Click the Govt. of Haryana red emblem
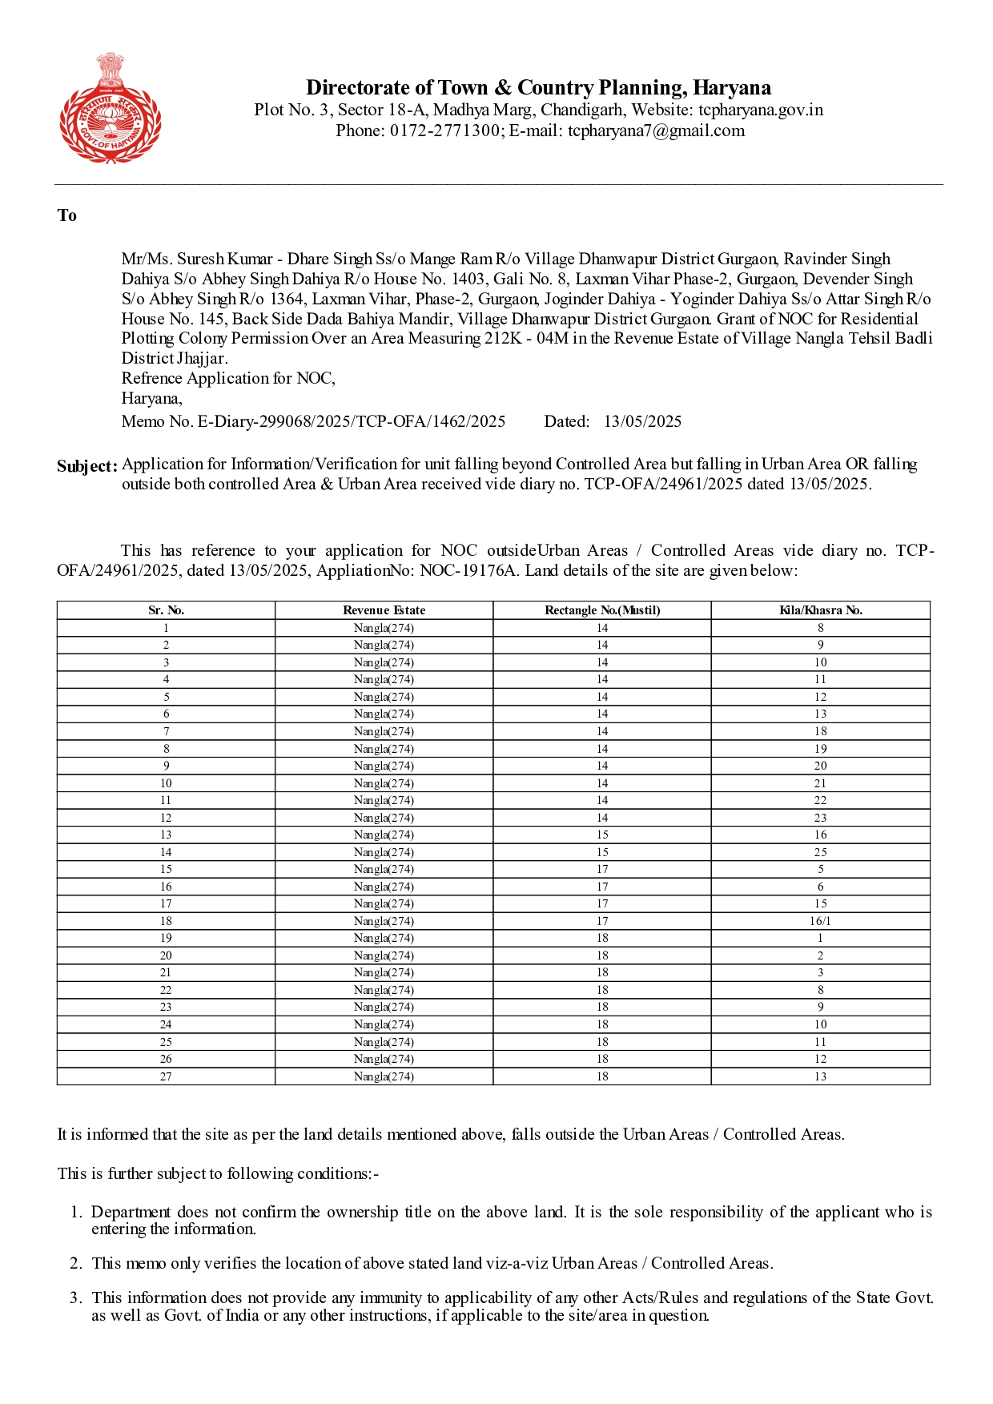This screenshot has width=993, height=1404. click(111, 108)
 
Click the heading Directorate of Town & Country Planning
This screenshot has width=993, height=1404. click(538, 87)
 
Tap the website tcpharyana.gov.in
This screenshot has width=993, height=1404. click(760, 110)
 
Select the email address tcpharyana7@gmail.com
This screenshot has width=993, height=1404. click(656, 131)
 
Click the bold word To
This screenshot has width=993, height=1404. click(67, 215)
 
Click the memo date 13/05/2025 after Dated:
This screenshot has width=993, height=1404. click(642, 421)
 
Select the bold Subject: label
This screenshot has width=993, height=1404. click(87, 466)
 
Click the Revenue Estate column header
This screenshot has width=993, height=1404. click(384, 610)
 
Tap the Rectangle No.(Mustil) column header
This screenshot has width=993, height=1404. click(602, 610)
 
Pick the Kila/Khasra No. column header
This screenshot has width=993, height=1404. click(821, 610)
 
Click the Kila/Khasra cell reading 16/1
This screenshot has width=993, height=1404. click(821, 921)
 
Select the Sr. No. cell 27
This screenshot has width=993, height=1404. click(166, 1076)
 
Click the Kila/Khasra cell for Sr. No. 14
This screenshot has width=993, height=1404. click(821, 852)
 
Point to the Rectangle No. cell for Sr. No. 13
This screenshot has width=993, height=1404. click(602, 835)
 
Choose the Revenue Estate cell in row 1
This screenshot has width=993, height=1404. click(384, 628)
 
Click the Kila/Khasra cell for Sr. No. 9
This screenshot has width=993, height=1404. click(821, 766)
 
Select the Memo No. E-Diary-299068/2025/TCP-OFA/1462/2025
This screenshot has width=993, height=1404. click(313, 421)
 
